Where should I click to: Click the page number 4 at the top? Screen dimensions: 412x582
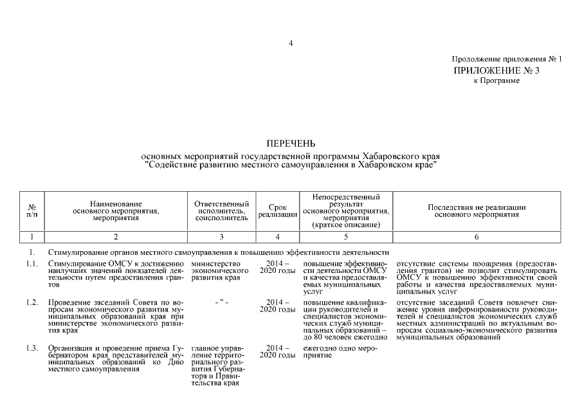coord(291,44)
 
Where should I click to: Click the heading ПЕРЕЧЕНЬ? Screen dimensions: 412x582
coord(291,143)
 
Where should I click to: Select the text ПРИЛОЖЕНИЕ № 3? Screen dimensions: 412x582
coord(496,70)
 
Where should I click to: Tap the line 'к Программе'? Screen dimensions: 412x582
coord(496,80)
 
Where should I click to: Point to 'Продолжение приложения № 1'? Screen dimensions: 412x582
coord(507,59)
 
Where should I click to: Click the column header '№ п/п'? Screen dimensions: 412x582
coord(32,211)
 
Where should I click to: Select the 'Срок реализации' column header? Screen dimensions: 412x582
coord(277,211)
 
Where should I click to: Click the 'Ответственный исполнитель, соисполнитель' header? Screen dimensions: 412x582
coord(221,211)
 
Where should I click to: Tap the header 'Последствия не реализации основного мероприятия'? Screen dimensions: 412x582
coord(477,211)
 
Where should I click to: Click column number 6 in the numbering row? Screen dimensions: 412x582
coord(477,237)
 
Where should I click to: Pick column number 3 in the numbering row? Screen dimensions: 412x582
coord(221,237)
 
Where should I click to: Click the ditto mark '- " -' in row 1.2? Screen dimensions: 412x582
coord(221,302)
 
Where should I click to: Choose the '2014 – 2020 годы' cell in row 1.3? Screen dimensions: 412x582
coord(277,352)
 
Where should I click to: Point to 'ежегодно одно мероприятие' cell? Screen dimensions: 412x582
coord(334,352)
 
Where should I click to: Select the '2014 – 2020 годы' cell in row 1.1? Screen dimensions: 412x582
coord(277,268)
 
